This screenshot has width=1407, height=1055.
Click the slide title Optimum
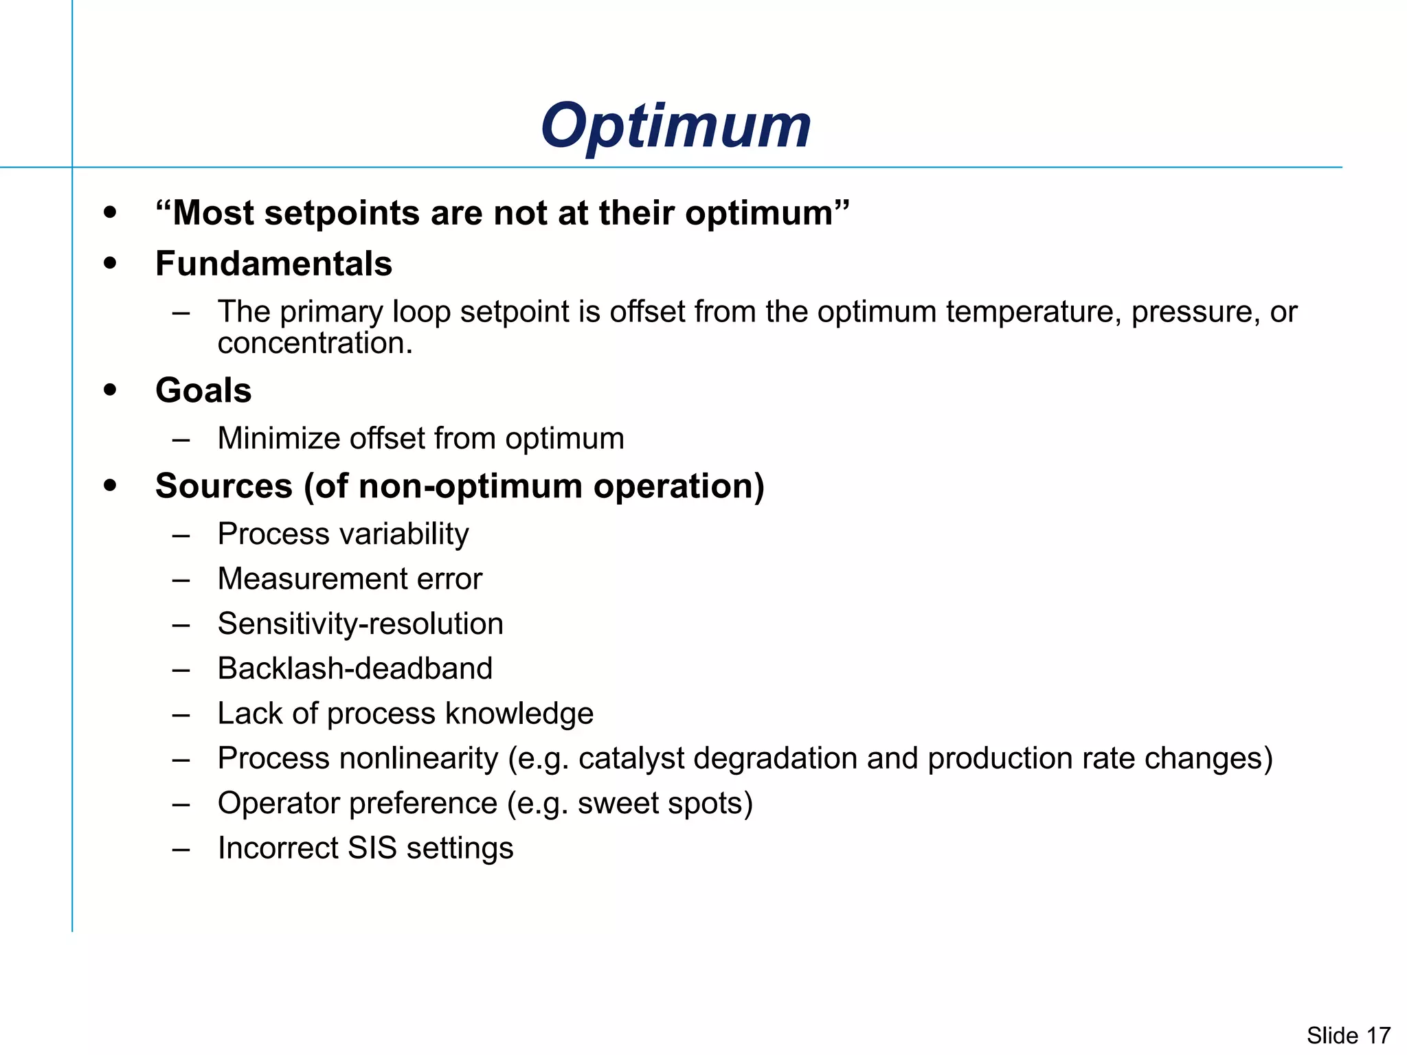coord(675,126)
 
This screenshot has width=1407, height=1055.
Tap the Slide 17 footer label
coord(1348,1035)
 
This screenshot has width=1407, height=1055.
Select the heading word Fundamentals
coord(273,264)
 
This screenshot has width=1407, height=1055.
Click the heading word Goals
coord(203,390)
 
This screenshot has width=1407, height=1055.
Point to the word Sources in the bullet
coord(224,486)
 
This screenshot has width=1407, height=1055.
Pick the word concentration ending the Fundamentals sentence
coord(314,343)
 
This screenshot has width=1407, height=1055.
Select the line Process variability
coord(343,534)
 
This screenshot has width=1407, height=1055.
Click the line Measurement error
coord(350,578)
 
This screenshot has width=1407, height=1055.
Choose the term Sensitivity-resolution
coord(360,624)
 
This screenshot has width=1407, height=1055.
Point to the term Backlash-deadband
coord(354,668)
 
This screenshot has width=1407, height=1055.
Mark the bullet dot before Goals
coord(110,390)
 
